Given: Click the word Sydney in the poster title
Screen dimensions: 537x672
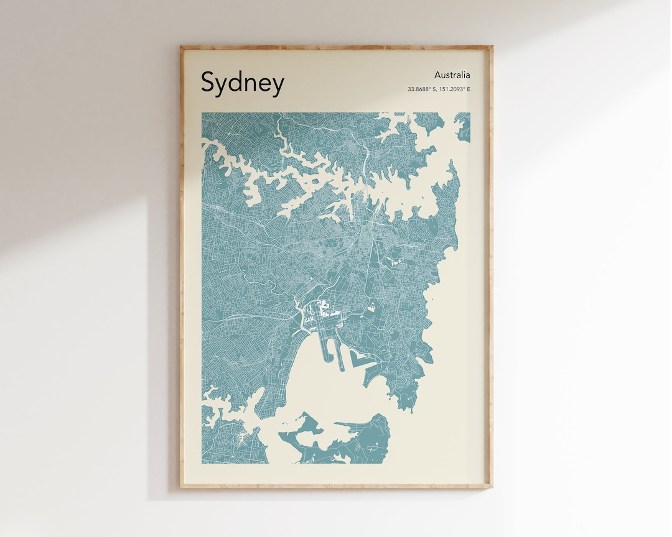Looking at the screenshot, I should tap(242, 83).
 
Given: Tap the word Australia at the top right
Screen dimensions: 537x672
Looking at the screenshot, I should tap(452, 75).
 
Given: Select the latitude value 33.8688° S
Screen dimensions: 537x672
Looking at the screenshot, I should tap(422, 89).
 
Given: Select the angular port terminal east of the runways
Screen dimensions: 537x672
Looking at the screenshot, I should tap(361, 360).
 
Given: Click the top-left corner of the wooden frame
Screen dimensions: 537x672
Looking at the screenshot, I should tap(182, 47).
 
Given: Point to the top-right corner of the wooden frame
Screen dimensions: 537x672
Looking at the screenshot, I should tap(491, 47).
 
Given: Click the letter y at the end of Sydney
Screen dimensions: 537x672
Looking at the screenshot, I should tap(277, 85).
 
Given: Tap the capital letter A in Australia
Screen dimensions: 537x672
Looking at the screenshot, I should tap(438, 75).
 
